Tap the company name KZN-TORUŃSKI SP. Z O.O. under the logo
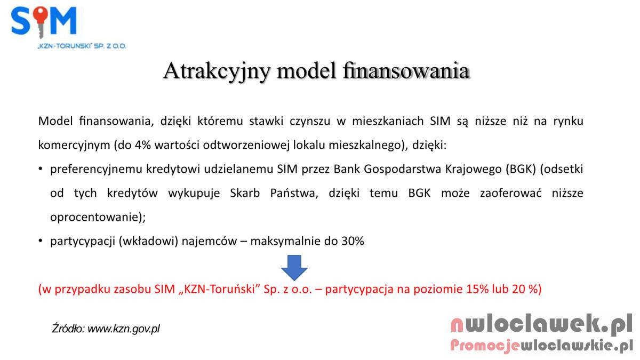(x=82, y=46)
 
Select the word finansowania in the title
(x=406, y=70)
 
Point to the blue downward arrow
(x=294, y=268)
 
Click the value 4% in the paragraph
(x=142, y=145)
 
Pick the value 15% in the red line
(x=477, y=289)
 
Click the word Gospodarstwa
(x=403, y=170)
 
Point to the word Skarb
(x=245, y=193)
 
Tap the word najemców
(x=210, y=242)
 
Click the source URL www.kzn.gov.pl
(x=123, y=329)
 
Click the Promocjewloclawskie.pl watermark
(x=542, y=346)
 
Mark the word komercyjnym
(x=74, y=146)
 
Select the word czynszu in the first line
(x=310, y=122)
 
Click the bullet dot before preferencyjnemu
(x=41, y=169)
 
